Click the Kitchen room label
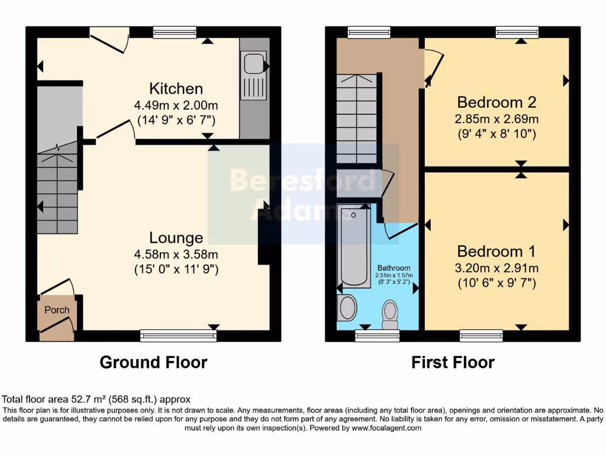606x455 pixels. pos(176,89)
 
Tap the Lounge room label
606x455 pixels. pos(176,238)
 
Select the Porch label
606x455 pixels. pos(57,310)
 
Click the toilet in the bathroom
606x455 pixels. pos(390,313)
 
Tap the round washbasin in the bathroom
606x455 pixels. pos(347,308)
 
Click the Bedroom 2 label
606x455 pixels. pos(497,102)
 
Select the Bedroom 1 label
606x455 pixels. pos(497,249)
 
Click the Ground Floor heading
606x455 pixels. pos(153,362)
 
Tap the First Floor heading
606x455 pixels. pos(453,362)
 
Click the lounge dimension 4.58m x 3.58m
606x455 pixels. pos(176,255)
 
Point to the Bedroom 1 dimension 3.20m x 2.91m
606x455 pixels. pos(497,267)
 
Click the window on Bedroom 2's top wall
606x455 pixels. pos(517,33)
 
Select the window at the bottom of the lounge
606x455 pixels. pos(178,336)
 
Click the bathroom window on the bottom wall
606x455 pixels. pos(377,336)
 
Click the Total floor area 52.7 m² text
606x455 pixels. pos(96,399)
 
